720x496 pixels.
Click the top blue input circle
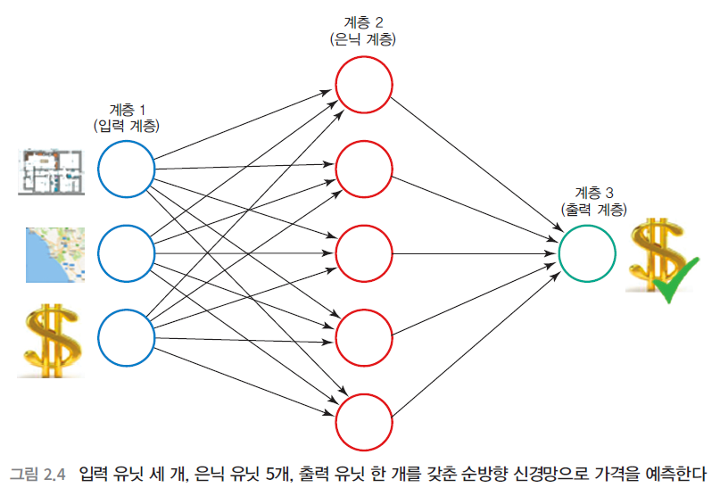(x=126, y=169)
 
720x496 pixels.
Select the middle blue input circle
(x=126, y=253)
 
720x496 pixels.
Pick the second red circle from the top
(x=363, y=169)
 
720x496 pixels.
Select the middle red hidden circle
(x=363, y=253)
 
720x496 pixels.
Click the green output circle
(x=587, y=253)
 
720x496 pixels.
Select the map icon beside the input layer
(x=54, y=253)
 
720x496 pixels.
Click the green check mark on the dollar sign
(x=674, y=282)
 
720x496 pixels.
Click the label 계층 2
(x=363, y=21)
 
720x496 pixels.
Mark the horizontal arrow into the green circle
(x=473, y=253)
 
